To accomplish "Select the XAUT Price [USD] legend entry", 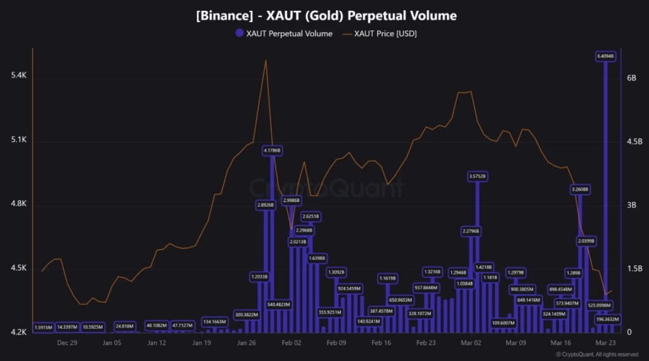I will tap(380, 34).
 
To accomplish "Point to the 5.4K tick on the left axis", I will tap(19, 76).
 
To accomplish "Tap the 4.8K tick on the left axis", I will tap(19, 204).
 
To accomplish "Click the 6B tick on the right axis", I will tap(631, 77).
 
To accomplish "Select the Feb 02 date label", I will tap(292, 343).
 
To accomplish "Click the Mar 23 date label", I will tap(606, 343).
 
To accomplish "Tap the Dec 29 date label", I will tap(67, 343).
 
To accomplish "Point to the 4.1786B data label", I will tap(272, 151).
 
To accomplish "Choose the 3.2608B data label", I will tap(580, 189).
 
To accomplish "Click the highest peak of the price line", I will tap(266, 61).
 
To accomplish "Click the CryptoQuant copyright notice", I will tap(596, 354).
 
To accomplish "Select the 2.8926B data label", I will tap(265, 205).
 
